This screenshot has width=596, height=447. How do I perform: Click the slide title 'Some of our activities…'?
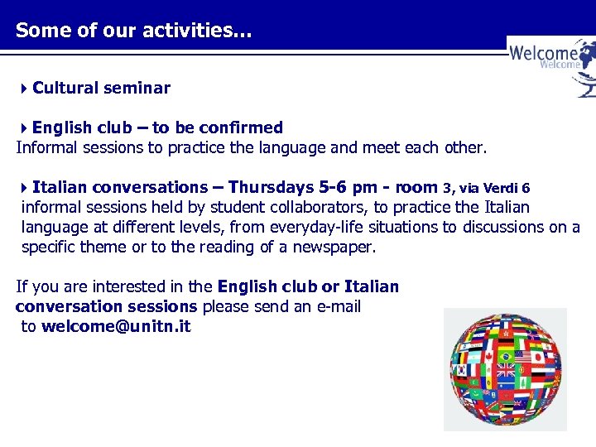[134, 31]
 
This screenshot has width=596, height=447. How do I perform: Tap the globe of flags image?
[505, 369]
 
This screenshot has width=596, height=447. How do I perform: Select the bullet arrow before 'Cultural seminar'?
[25, 89]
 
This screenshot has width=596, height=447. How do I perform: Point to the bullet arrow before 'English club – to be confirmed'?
[25, 128]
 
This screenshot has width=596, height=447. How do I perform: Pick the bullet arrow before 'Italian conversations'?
[25, 188]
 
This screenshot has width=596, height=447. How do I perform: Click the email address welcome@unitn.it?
[116, 326]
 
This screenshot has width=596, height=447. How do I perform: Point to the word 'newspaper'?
[336, 247]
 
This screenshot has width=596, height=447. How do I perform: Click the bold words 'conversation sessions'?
[106, 306]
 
